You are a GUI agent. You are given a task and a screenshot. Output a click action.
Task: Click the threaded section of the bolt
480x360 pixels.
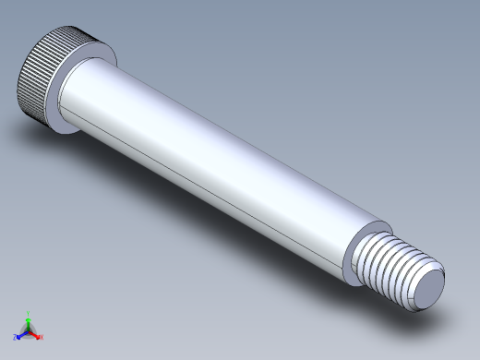tap(392, 268)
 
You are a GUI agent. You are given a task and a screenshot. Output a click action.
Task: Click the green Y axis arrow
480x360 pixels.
tap(29, 319)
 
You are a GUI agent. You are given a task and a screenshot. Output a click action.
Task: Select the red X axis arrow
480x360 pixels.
tap(37, 334)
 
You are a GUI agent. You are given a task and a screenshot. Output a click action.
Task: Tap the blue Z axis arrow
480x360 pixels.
tap(20, 335)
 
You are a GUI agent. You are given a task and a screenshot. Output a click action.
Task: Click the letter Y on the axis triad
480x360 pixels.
tap(30, 313)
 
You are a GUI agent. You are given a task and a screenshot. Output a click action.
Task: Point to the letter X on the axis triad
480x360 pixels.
tap(42, 338)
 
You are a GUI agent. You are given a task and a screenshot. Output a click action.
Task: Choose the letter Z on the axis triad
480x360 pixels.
tap(16, 339)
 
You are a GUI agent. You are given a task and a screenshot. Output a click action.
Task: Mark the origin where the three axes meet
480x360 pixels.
tap(29, 330)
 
